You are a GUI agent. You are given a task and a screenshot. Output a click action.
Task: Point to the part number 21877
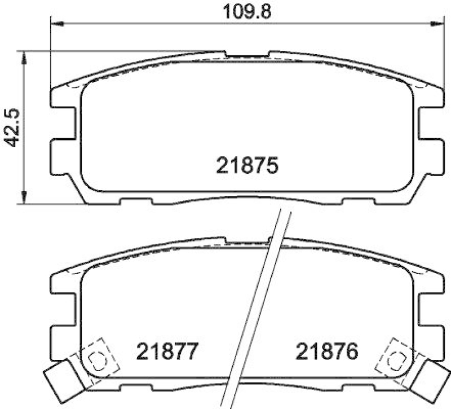point(167,354)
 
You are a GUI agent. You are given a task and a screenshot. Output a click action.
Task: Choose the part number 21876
point(327,354)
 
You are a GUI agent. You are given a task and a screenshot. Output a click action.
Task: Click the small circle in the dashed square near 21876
point(397,356)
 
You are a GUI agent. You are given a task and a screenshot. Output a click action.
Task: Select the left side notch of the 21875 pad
point(63,127)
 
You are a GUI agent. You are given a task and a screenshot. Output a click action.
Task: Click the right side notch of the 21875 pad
point(430,127)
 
